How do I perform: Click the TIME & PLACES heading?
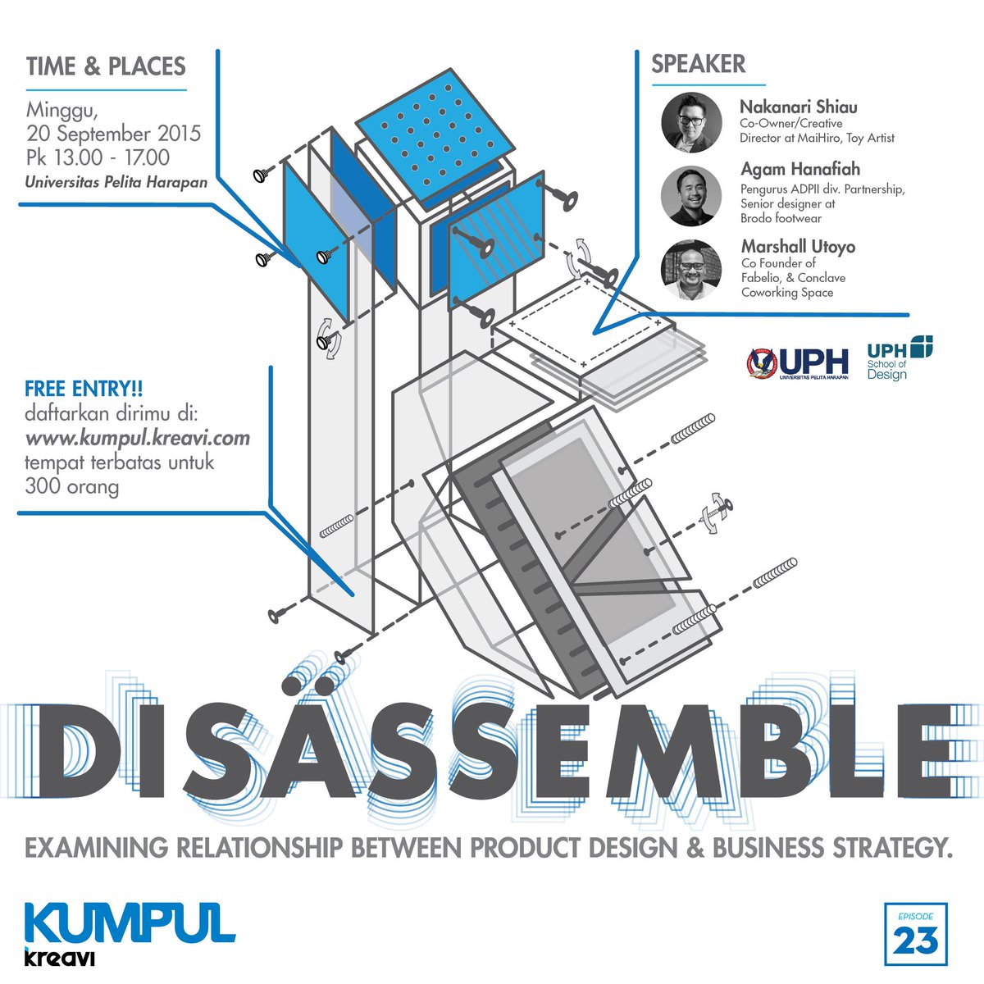point(106,66)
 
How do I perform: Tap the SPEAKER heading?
point(699,64)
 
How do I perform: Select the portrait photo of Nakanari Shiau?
point(691,122)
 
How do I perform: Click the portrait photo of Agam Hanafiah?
point(691,196)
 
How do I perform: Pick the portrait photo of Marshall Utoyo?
point(691,269)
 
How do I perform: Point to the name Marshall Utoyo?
point(798,246)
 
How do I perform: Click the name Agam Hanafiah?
point(800,170)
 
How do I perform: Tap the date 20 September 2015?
point(113,134)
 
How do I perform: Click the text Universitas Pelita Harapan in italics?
point(116,182)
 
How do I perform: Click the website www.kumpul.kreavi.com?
point(137,438)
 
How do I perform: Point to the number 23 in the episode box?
point(916,941)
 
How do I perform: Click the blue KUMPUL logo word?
point(130,923)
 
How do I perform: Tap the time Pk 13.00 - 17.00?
point(98,157)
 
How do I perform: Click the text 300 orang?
point(72,487)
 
